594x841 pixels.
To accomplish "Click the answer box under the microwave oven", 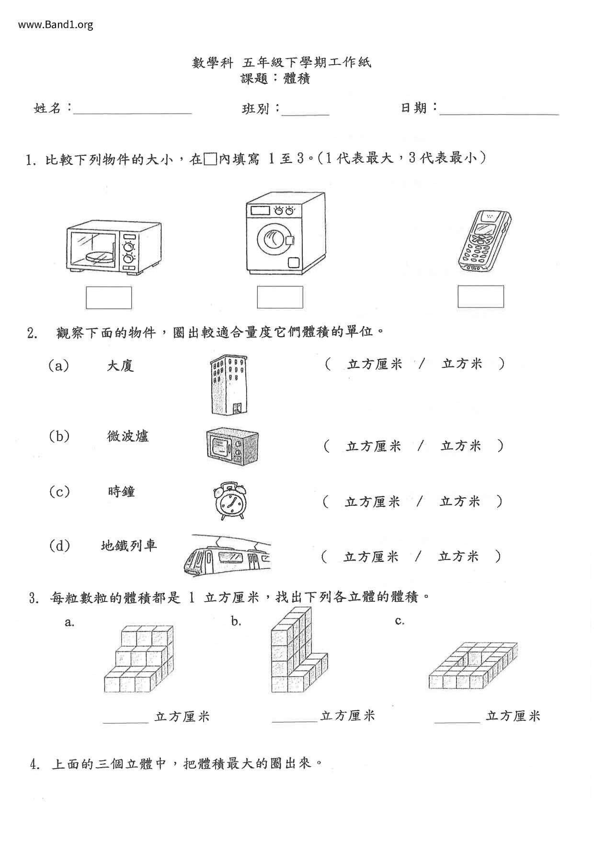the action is pos(109,298).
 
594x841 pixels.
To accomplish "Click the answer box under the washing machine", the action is pos(280,297).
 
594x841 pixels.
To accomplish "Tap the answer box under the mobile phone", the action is pos(480,296).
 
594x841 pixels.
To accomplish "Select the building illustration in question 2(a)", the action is pos(229,385).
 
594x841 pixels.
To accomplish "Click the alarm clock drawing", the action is pos(230,501).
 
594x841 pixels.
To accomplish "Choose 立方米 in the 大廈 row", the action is pos(462,364).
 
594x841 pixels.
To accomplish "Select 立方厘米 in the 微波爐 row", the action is pos(374,446).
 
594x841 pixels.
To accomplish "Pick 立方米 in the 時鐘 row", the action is pos(460,502).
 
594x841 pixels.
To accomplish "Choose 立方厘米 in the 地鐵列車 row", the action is pos(371,557).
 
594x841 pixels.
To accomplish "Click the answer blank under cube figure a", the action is pos(126,722).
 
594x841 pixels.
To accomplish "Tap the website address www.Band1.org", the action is pos(56,24).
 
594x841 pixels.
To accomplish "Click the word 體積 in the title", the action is pos(297,79).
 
